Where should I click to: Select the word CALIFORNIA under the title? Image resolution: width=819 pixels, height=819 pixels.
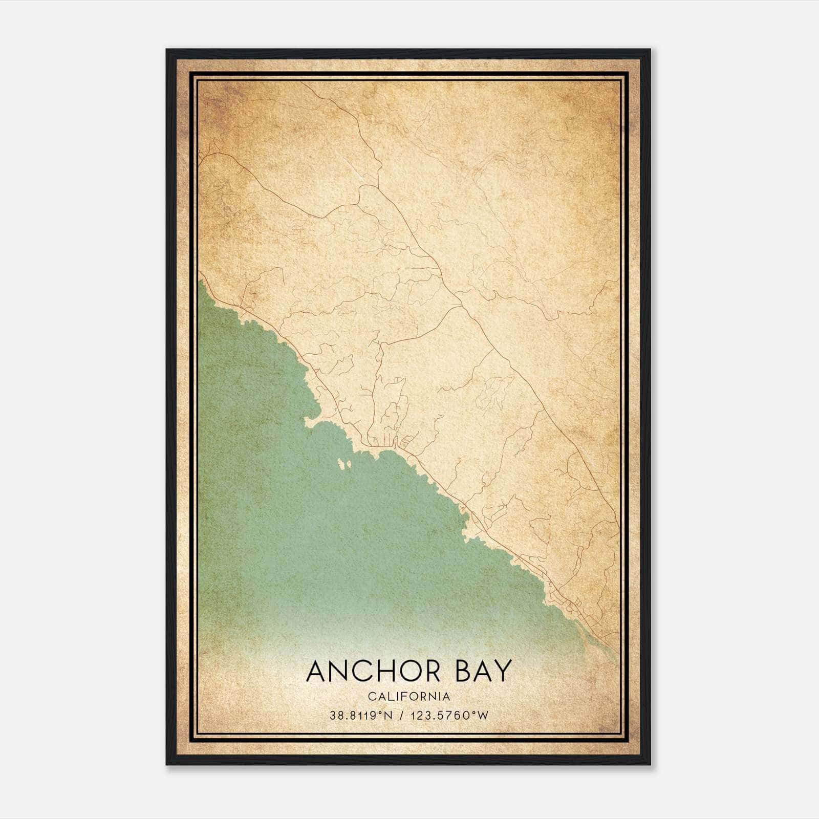pyautogui.click(x=409, y=697)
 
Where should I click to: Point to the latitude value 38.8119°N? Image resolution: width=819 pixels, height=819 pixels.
pyautogui.click(x=361, y=716)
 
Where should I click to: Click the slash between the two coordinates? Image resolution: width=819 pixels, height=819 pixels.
pyautogui.click(x=401, y=716)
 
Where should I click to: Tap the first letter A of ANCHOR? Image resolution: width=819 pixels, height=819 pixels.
pyautogui.click(x=318, y=671)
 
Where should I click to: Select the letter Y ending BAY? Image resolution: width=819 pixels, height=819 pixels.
pyautogui.click(x=503, y=671)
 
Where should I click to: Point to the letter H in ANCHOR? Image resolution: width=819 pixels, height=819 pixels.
pyautogui.click(x=381, y=671)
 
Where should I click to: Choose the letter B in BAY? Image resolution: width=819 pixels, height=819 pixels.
pyautogui.click(x=462, y=671)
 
